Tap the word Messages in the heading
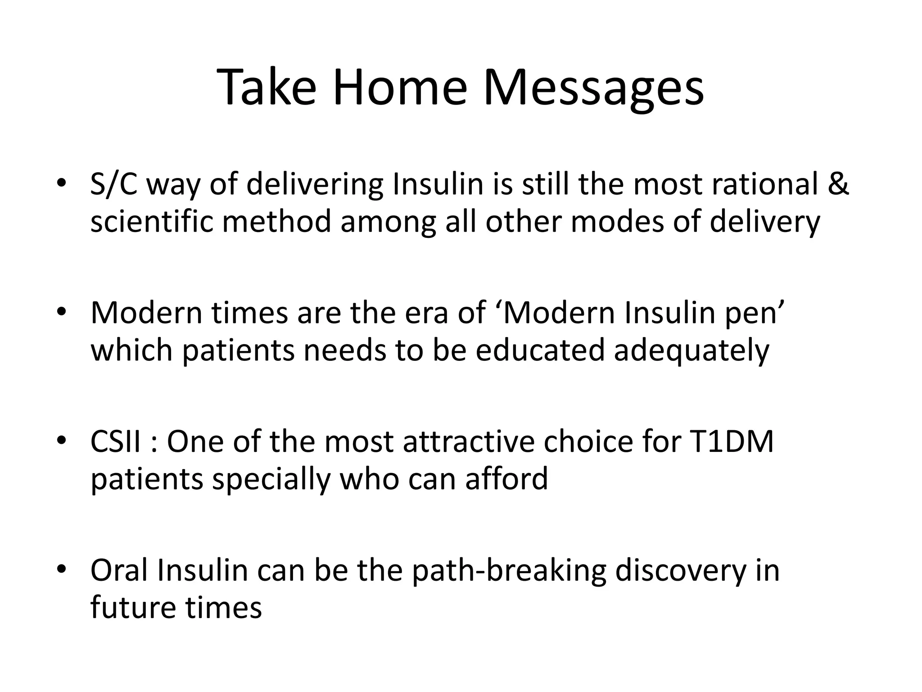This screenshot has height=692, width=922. [x=593, y=88]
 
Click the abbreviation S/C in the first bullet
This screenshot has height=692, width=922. [x=113, y=185]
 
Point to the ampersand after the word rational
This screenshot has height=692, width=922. [x=838, y=184]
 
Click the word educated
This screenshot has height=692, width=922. [x=539, y=351]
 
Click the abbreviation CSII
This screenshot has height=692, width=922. [x=116, y=442]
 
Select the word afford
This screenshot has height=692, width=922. [x=506, y=478]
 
